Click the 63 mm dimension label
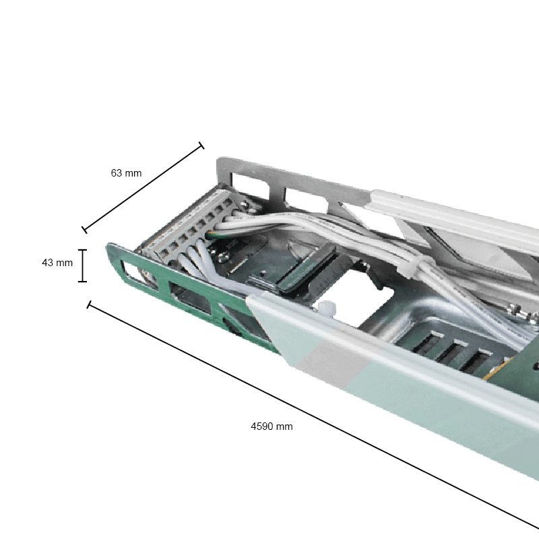pos(126,173)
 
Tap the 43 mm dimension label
pos(57,263)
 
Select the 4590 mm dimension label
pos(272,426)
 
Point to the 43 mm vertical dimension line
pos(83,265)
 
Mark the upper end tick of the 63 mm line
pos(200,146)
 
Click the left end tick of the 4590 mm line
pos(88,305)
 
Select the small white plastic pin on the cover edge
pos(327,309)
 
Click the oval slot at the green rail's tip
pos(131,274)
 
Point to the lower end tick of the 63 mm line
pos(85,230)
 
